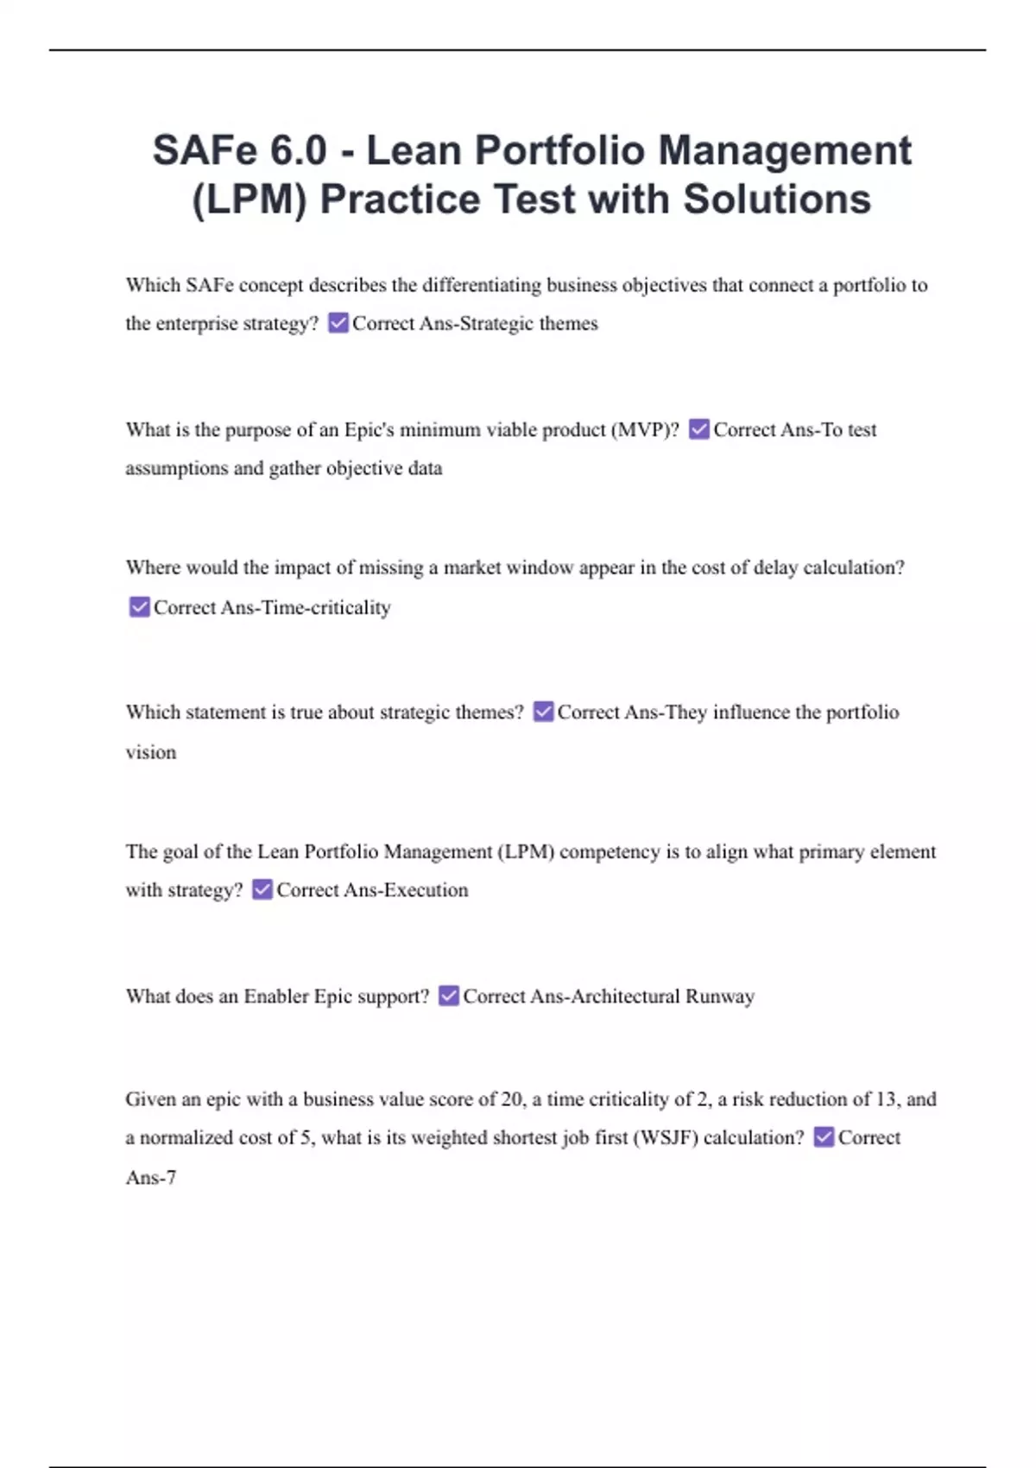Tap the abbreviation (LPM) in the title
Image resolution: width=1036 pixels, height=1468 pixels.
pos(249,199)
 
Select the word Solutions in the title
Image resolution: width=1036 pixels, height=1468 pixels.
pos(777,199)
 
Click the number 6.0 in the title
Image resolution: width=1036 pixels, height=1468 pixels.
pos(298,150)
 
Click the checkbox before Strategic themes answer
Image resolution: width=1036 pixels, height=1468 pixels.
pos(338,323)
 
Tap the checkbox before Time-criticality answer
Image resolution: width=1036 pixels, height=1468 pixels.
pos(139,607)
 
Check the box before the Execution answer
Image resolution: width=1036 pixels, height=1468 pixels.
pos(262,889)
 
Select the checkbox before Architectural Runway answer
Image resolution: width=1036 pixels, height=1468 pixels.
pos(449,996)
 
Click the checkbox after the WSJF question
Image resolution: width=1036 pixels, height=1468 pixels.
pos(824,1137)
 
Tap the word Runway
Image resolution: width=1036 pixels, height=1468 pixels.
pos(720,997)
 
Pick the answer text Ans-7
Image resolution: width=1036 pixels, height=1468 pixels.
pos(151,1178)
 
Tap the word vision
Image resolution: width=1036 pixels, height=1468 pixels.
pos(151,752)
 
